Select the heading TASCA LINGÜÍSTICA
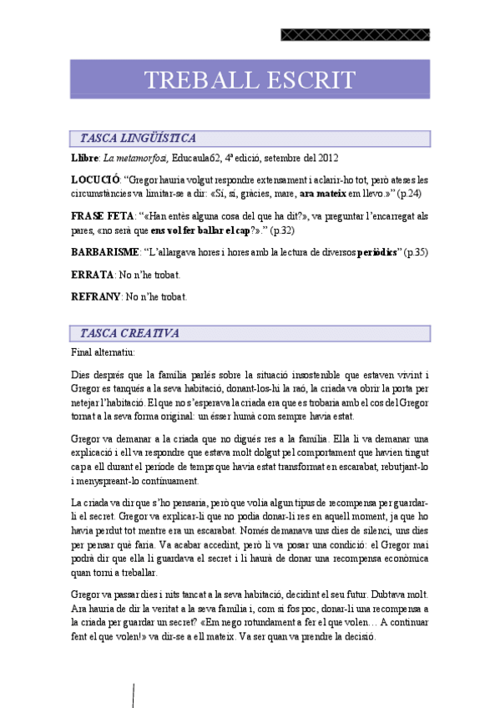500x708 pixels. click(x=138, y=139)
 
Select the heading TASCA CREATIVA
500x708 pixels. click(x=129, y=333)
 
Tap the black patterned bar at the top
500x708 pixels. click(x=355, y=35)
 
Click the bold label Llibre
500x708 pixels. click(x=85, y=158)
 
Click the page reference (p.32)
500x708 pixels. click(x=279, y=230)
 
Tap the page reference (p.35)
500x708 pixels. click(x=415, y=252)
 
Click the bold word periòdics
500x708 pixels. click(x=377, y=252)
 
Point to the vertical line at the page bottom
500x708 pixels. click(x=134, y=695)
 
